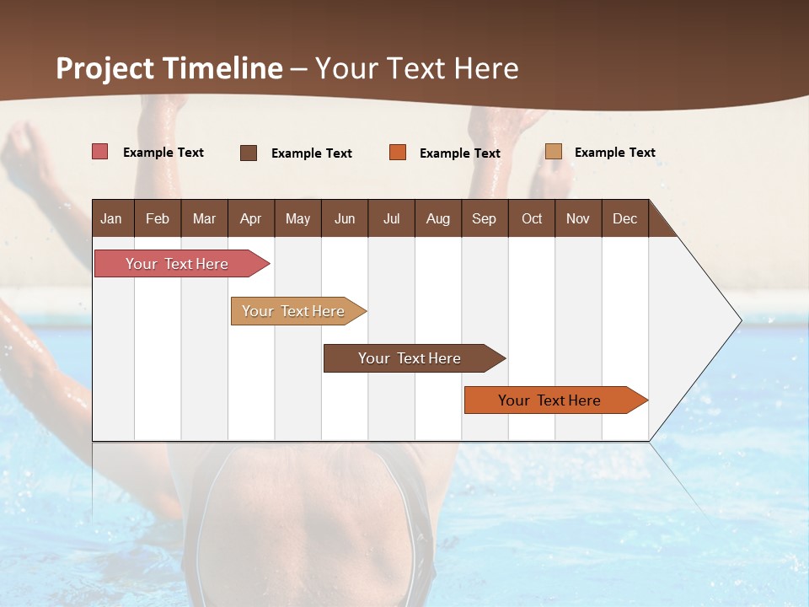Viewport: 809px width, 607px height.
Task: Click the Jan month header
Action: (x=111, y=218)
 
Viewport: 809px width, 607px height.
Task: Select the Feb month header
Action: (x=158, y=218)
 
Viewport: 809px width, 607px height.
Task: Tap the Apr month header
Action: (x=250, y=218)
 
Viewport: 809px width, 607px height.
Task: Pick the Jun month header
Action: (x=345, y=218)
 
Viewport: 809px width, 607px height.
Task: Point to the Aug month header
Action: (x=437, y=218)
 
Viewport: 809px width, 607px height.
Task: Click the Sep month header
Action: (x=484, y=218)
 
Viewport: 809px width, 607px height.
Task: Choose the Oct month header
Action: (x=532, y=218)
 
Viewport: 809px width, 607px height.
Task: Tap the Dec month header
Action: (x=624, y=218)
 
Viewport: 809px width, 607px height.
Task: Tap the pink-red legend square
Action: (x=100, y=152)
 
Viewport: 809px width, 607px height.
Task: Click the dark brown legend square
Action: (x=249, y=153)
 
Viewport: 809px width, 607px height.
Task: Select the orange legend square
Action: (x=398, y=153)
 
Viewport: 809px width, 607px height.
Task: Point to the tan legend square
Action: (x=553, y=152)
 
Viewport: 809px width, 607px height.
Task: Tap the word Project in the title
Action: (x=104, y=68)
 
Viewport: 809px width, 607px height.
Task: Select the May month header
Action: (x=297, y=218)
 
